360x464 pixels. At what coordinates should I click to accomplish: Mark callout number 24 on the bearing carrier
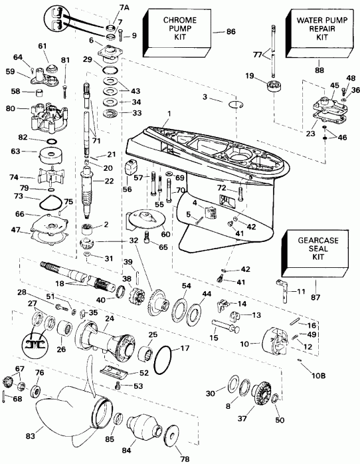108,318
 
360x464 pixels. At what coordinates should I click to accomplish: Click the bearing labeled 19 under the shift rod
270,87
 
